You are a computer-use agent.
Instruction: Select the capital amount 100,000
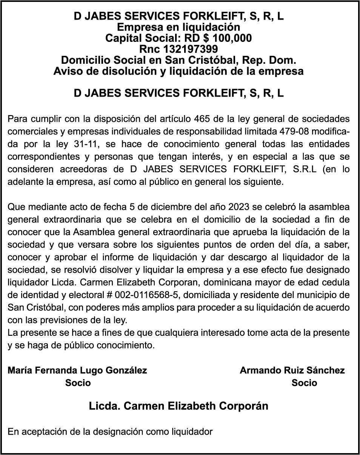tap(232, 38)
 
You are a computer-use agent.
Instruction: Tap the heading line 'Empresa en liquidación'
tap(178, 27)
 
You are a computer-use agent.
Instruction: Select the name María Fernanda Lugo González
tap(77, 370)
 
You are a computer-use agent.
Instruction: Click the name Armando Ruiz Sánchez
tap(292, 370)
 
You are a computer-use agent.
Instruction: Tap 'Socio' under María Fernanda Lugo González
tap(78, 383)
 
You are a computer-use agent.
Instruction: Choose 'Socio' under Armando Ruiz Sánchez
tap(304, 383)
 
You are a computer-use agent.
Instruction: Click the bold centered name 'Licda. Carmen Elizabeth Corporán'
tap(178, 406)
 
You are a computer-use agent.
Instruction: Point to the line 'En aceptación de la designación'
tap(110, 432)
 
